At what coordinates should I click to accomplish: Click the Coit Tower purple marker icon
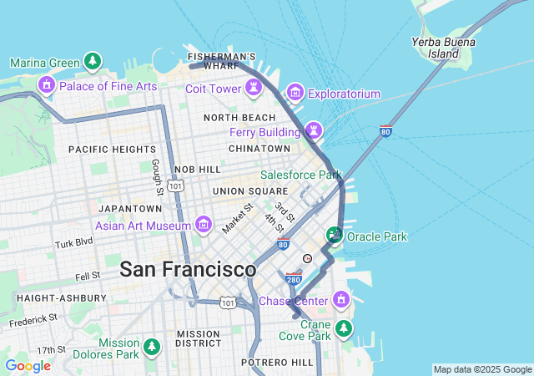pos(252,88)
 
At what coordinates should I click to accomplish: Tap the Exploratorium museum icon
pos(295,93)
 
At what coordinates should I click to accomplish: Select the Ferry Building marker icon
pos(313,130)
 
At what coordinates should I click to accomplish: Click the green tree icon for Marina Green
pos(93,62)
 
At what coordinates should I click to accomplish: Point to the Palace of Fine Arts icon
pos(46,84)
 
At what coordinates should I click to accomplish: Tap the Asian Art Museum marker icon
pos(203,224)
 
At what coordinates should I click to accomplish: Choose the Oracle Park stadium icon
pos(335,236)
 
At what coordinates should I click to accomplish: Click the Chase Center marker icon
pos(340,299)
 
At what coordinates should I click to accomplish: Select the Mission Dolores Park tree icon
pos(151,346)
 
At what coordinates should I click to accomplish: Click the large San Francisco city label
pos(188,270)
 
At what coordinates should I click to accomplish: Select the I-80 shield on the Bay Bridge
pos(385,130)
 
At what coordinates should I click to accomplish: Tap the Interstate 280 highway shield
pos(292,277)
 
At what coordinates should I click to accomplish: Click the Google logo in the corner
pos(28,366)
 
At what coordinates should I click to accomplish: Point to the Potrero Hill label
pos(277,363)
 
